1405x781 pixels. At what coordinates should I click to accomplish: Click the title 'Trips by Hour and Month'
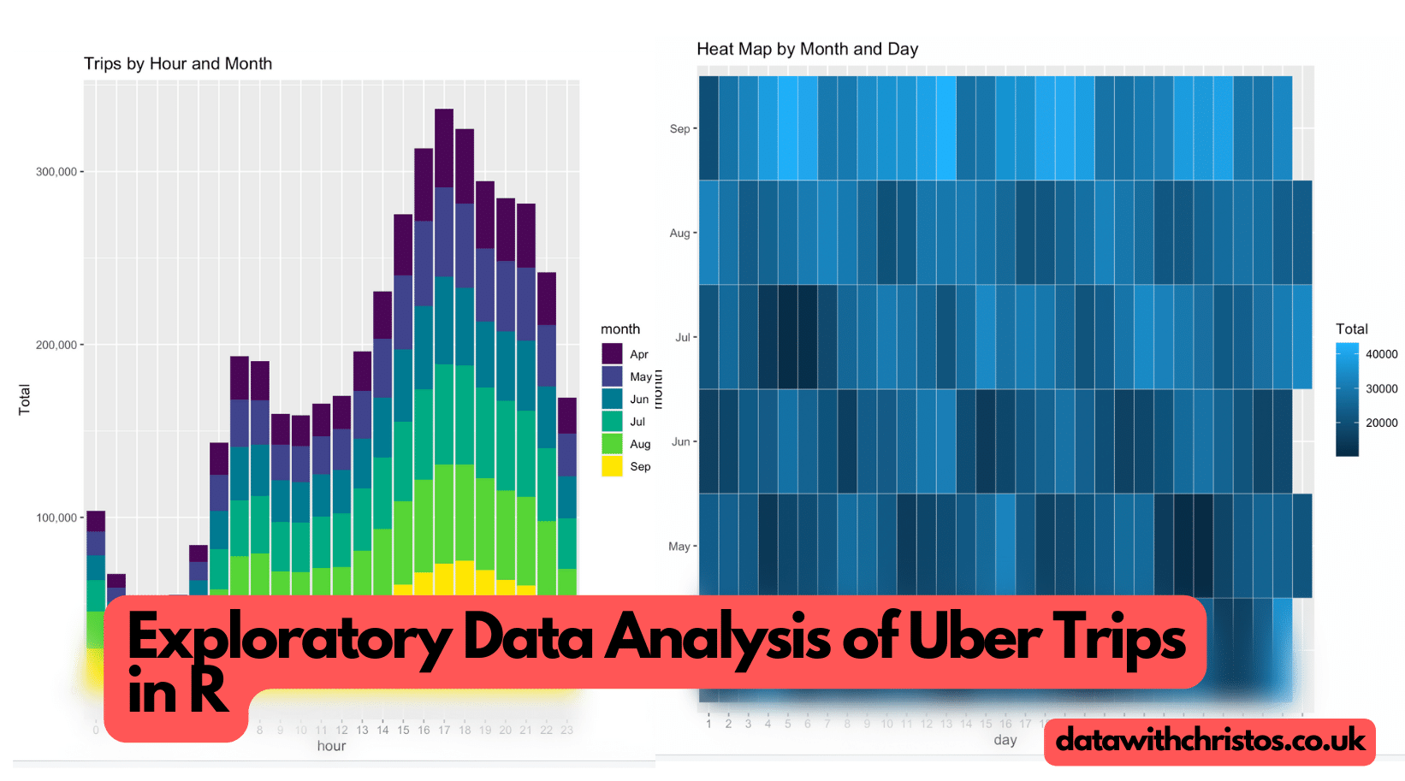coord(178,64)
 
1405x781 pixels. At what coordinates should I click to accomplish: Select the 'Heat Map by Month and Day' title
coord(807,50)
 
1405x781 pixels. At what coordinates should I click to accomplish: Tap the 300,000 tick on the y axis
coord(56,172)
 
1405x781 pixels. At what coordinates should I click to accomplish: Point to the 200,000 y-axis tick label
coord(56,346)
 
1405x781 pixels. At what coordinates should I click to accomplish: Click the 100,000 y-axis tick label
coord(56,518)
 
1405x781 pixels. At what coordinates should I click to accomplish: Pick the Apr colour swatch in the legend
coord(612,354)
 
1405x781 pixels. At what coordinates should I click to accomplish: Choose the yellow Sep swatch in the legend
coord(612,466)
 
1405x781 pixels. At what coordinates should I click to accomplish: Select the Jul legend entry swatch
coord(612,421)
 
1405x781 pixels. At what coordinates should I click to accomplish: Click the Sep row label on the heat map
coord(679,129)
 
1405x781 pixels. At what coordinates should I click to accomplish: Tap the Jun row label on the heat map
coord(680,442)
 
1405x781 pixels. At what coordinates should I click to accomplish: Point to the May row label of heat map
coord(679,547)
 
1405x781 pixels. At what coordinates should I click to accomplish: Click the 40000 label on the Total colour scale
coord(1381,354)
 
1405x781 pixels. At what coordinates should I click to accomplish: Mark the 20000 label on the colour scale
coord(1381,423)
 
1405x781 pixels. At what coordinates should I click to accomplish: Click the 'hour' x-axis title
coord(331,746)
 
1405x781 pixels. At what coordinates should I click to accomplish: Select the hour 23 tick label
coord(566,731)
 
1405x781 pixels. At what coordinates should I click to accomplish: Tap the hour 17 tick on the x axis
coord(444,731)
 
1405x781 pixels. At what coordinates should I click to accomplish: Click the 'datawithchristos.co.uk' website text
coord(1210,740)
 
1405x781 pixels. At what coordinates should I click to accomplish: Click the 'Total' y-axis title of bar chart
coord(25,399)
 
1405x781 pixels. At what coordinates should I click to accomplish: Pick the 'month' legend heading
coord(620,329)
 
